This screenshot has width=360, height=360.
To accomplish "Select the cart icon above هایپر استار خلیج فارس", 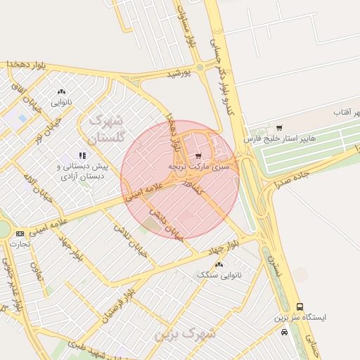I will pyautogui.click(x=280, y=128).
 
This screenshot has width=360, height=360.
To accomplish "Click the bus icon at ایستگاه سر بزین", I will pyautogui.click(x=300, y=307).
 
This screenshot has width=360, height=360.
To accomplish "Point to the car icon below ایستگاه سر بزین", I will pyautogui.click(x=283, y=331).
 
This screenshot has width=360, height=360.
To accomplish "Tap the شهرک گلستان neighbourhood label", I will pyautogui.click(x=108, y=127).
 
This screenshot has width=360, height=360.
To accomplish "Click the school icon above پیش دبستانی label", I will pyautogui.click(x=82, y=155).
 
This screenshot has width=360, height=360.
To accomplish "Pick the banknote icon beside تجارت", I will pyautogui.click(x=19, y=233).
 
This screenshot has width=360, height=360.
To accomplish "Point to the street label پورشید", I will pyautogui.click(x=179, y=73).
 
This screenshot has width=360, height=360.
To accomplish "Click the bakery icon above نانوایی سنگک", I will pyautogui.click(x=219, y=264).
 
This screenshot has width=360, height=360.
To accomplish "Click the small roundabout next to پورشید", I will pyautogui.click(x=200, y=67).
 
